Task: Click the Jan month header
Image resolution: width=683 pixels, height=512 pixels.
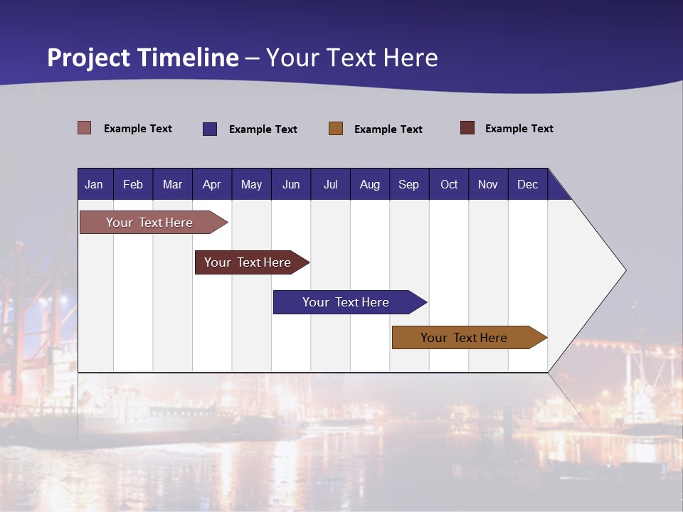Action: coord(94,184)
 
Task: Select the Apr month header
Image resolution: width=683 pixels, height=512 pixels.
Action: coord(211,184)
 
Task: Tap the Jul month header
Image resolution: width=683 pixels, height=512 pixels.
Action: coord(330,184)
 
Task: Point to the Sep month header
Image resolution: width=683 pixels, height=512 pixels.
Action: coord(408,184)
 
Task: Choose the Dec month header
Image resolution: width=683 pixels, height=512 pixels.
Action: coord(527,184)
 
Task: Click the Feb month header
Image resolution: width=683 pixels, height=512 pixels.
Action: coord(133,184)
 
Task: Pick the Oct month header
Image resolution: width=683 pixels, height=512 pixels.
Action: coord(449,184)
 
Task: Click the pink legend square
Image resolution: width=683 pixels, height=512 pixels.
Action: coord(85,128)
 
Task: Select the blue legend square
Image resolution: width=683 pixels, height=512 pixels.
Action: coord(210,129)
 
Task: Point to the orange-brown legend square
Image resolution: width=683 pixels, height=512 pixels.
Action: coord(336,129)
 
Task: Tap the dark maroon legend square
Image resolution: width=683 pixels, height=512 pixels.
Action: coord(467,128)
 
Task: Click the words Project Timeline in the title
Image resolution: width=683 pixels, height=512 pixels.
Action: coord(143,58)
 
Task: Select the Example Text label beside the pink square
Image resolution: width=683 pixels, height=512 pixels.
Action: coord(138,129)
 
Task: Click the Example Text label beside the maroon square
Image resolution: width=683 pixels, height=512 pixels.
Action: coord(519,129)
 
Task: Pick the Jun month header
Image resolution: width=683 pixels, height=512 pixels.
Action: coord(291,184)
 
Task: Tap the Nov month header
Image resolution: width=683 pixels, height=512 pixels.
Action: coord(488,184)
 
